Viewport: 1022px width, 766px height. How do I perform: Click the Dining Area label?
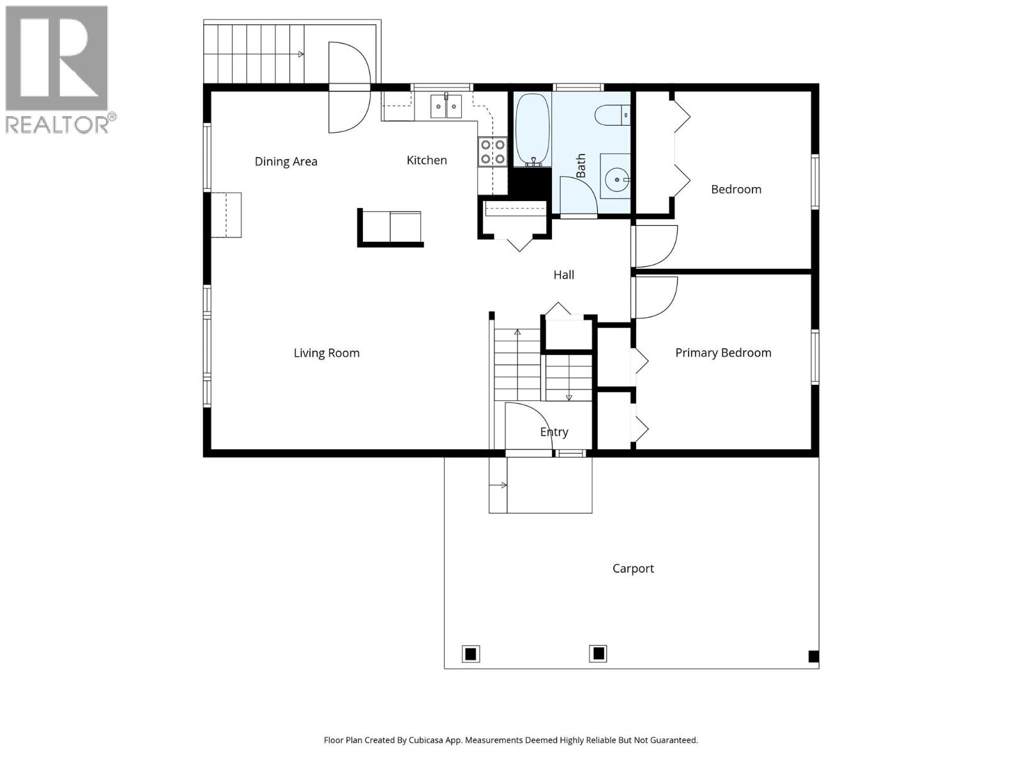pos(286,161)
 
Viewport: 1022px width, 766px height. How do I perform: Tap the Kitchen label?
pos(427,160)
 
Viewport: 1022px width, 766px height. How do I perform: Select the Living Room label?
pos(326,353)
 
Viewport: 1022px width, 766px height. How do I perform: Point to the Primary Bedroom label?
pos(723,352)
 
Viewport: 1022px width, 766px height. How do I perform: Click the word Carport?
pos(633,568)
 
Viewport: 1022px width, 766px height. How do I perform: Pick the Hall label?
pos(563,274)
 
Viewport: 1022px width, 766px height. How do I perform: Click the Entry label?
pos(554,432)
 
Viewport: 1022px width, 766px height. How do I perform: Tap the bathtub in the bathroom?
pos(532,129)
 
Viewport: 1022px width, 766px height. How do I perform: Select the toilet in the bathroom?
pos(611,116)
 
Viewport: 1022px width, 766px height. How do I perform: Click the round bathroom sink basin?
pos(617,180)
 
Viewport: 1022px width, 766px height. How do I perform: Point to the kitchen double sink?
pos(446,107)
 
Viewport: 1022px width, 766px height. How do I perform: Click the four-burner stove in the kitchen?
pos(492,152)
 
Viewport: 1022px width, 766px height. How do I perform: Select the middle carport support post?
pos(598,653)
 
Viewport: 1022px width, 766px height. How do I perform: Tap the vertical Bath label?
pos(581,165)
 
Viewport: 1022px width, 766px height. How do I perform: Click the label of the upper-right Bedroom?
pos(736,189)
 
